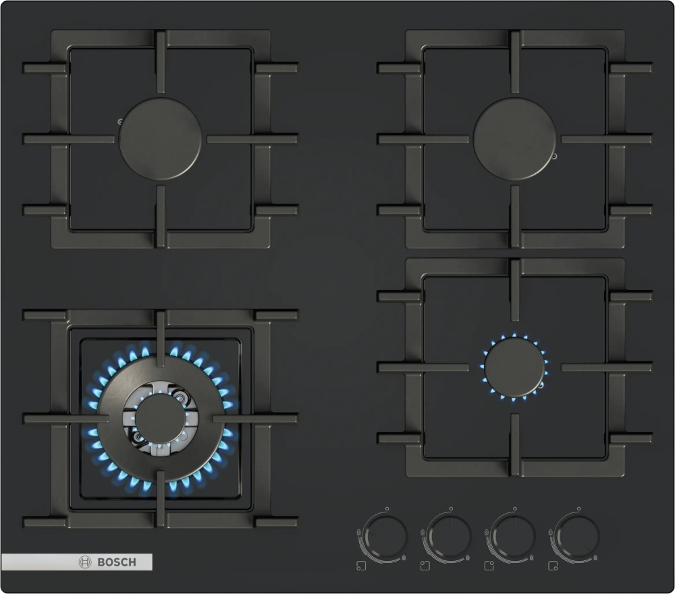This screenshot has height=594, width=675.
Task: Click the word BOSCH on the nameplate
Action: click(117, 562)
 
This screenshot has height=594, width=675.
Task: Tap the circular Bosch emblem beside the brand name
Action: click(85, 562)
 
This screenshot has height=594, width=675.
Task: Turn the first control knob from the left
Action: click(385, 537)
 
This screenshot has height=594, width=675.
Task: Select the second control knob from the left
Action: click(449, 537)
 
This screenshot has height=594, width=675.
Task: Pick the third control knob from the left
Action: click(513, 537)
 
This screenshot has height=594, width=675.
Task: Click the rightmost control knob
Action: click(577, 537)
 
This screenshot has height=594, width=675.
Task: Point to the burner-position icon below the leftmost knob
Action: click(361, 566)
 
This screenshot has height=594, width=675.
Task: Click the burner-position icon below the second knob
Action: click(425, 566)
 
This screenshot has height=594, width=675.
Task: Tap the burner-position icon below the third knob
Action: click(489, 566)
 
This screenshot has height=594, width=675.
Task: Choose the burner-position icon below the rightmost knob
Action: click(553, 566)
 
